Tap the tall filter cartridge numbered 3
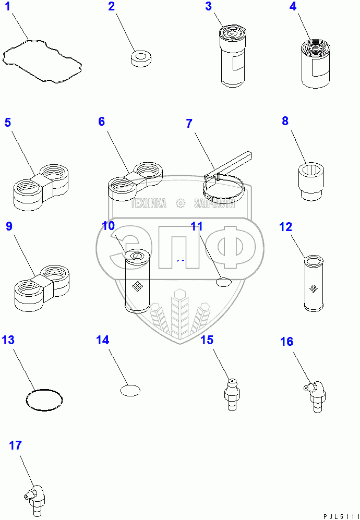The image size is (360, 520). pos(233,58)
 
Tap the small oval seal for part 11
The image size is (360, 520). pos(223,282)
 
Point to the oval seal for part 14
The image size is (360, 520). pos(130,390)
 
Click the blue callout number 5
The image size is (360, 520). pos(8,123)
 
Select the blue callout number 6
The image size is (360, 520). pos(101,122)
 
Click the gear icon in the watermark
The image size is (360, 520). pos(181,203)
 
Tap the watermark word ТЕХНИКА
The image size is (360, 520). pos(149,203)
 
